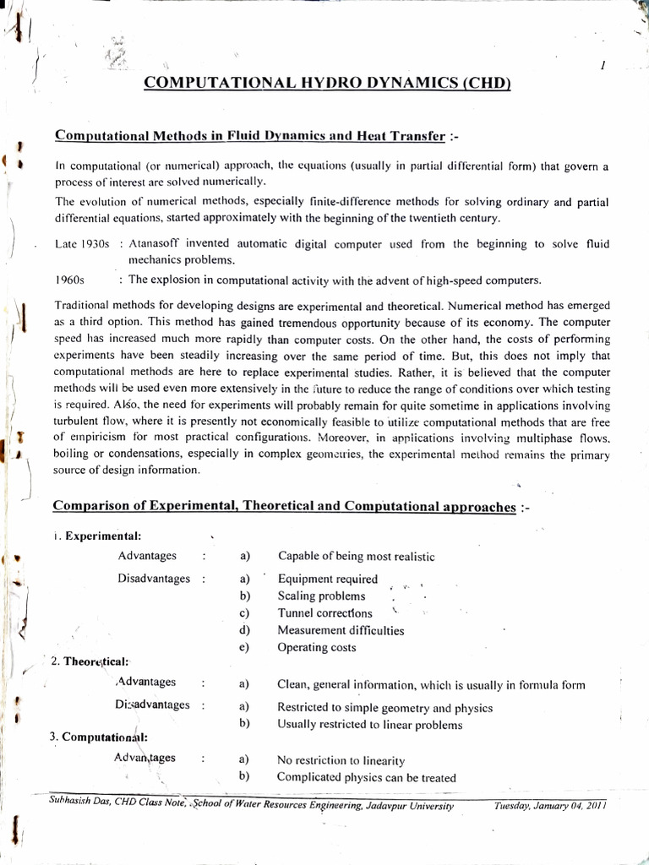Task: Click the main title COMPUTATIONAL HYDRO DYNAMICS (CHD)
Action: pos(327,83)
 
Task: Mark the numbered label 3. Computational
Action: pos(98,736)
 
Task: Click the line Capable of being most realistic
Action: pos(356,556)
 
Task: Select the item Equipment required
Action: pos(328,579)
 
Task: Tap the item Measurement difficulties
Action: pos(341,630)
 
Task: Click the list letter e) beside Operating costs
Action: pos(244,648)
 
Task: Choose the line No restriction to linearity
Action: pos(341,759)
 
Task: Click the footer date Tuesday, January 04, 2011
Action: pos(550,806)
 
